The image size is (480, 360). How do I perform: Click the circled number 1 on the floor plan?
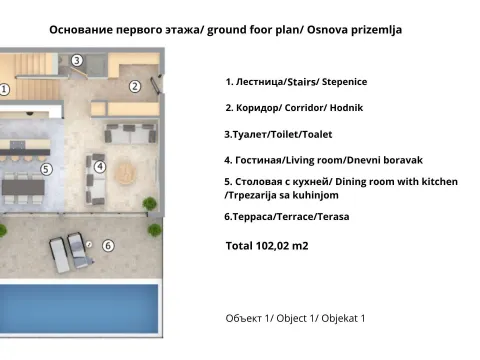5,89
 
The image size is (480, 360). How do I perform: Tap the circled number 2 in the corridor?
134,85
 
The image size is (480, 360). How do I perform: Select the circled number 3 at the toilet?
78,60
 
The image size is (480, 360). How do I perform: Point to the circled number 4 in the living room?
98,166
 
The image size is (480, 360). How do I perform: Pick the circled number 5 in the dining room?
46,169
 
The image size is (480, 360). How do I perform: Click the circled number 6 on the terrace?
108,244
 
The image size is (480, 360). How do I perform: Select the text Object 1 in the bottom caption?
298,318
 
